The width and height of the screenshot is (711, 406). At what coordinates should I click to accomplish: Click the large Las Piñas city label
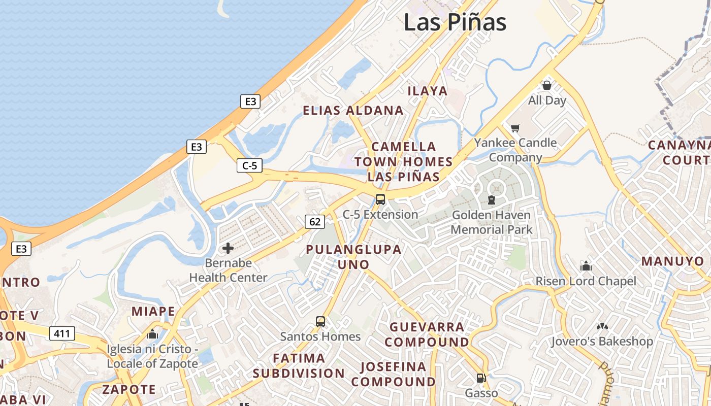coord(455,22)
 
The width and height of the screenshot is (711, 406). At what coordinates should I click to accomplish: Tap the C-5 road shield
coord(249,165)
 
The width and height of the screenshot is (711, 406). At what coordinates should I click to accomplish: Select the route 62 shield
coord(315,221)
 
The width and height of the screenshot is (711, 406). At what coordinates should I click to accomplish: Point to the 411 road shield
coord(62,333)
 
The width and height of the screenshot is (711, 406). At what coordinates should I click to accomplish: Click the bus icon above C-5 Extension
coord(380,199)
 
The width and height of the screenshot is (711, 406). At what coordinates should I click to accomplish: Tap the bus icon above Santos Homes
coord(320,321)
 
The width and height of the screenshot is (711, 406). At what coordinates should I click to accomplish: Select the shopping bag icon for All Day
coord(547,85)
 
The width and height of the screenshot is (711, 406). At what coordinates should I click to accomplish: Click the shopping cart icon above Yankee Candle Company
coord(515,128)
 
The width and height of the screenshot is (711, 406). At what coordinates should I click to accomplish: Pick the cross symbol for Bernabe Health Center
coord(228,248)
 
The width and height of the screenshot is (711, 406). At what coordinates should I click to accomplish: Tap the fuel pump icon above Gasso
coord(481,378)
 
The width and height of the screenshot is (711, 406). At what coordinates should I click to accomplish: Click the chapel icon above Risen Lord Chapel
coord(586,266)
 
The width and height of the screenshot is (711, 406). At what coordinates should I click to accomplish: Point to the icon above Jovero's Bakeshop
coord(602,326)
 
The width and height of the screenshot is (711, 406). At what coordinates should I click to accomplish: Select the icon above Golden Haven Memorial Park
coord(492,200)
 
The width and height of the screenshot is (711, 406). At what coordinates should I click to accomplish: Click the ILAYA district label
coord(428,91)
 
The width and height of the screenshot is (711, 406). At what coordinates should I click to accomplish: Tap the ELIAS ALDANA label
coord(353,111)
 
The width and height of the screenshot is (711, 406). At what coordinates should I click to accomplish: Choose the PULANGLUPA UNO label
coord(353,257)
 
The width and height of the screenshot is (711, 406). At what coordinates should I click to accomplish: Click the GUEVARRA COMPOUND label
coord(427,334)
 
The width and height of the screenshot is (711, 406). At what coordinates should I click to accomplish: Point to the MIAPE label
coord(153,311)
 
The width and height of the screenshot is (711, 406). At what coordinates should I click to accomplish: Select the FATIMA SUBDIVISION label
coord(299,365)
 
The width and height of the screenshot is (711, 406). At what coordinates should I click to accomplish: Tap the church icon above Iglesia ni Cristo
coord(152,334)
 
